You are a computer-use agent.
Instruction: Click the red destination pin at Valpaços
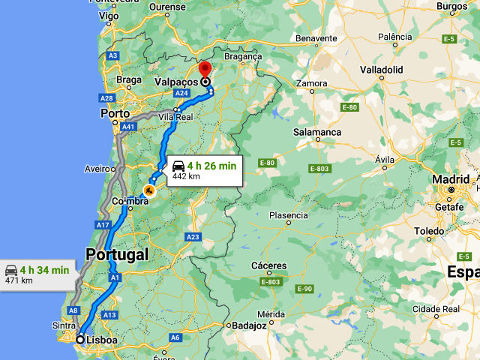(205, 70)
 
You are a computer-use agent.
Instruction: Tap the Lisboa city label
(102, 340)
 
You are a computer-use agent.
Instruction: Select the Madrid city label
(451, 179)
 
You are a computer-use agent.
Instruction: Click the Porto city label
(115, 113)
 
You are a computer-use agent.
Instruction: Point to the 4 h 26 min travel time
(211, 165)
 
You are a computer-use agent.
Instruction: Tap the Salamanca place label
(317, 132)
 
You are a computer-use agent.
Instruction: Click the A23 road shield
(193, 237)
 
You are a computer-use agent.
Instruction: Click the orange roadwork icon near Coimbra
(149, 190)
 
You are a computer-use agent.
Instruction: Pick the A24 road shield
(181, 93)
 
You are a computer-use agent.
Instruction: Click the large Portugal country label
(117, 254)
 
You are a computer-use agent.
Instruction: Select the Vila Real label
(176, 117)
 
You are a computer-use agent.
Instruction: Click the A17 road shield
(103, 225)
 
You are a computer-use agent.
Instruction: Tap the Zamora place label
(312, 83)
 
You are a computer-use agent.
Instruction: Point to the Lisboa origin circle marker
(80, 339)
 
